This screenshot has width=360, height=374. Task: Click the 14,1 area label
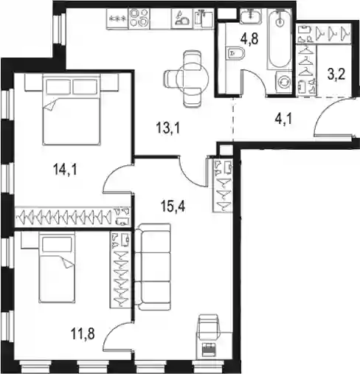click(65, 170)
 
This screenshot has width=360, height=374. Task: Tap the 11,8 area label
click(83, 334)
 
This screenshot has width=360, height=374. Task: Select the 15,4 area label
click(173, 206)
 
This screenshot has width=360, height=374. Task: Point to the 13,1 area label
click(168, 128)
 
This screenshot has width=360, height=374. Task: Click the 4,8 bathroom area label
click(249, 38)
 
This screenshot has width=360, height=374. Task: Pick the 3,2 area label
click(336, 75)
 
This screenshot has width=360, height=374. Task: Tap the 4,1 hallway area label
click(283, 120)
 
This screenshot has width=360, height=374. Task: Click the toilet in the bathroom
click(235, 53)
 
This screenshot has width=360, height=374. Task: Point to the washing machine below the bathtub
click(284, 83)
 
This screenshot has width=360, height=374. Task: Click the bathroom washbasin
click(250, 15)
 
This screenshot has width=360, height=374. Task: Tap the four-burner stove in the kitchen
click(139, 18)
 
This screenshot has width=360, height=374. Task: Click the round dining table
click(193, 78)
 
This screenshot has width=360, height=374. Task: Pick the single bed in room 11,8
click(57, 267)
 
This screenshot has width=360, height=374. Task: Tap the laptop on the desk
click(209, 350)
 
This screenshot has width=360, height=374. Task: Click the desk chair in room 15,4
click(208, 324)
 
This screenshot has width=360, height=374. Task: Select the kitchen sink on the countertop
click(204, 19)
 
